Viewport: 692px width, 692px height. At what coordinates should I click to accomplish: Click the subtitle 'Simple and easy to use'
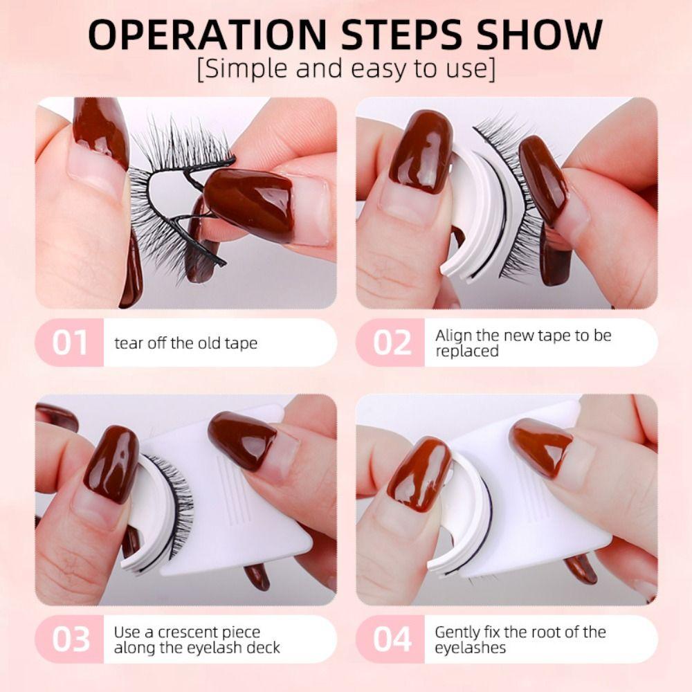point(346,70)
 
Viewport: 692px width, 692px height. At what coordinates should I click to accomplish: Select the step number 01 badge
point(70,343)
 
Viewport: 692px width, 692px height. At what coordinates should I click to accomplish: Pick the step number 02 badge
point(392,343)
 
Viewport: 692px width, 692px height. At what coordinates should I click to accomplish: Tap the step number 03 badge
point(70,639)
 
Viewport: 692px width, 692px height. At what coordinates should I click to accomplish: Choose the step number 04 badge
point(392,639)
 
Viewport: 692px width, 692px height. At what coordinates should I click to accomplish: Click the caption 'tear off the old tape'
point(186,343)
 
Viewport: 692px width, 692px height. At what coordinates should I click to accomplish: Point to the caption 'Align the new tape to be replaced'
point(522,343)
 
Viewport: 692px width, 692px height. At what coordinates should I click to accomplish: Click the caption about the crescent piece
point(197,640)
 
